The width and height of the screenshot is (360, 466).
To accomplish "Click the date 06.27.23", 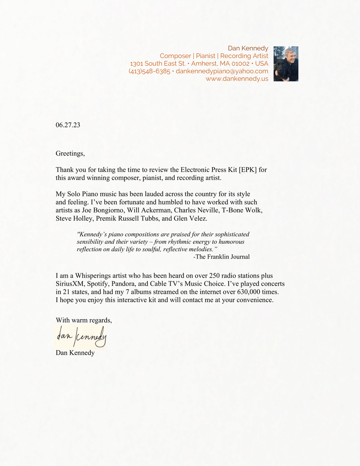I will (68, 125).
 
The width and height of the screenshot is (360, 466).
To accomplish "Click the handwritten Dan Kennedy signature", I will (81, 336).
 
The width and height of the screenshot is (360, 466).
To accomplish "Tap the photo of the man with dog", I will (286, 64).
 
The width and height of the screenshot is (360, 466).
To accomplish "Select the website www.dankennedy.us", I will (237, 79).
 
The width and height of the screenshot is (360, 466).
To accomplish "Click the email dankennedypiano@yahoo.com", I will (222, 71).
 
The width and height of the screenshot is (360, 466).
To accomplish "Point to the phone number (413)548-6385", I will (149, 71).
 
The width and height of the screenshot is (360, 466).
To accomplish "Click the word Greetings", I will (70, 153).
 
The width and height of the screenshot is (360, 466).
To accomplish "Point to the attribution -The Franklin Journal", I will (221, 257).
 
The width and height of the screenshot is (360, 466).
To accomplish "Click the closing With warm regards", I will (84, 320).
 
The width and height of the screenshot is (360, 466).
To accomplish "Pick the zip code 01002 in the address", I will (240, 63).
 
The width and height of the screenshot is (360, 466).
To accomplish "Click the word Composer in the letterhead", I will (175, 56).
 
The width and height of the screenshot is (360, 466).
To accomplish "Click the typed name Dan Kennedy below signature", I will (75, 353).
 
